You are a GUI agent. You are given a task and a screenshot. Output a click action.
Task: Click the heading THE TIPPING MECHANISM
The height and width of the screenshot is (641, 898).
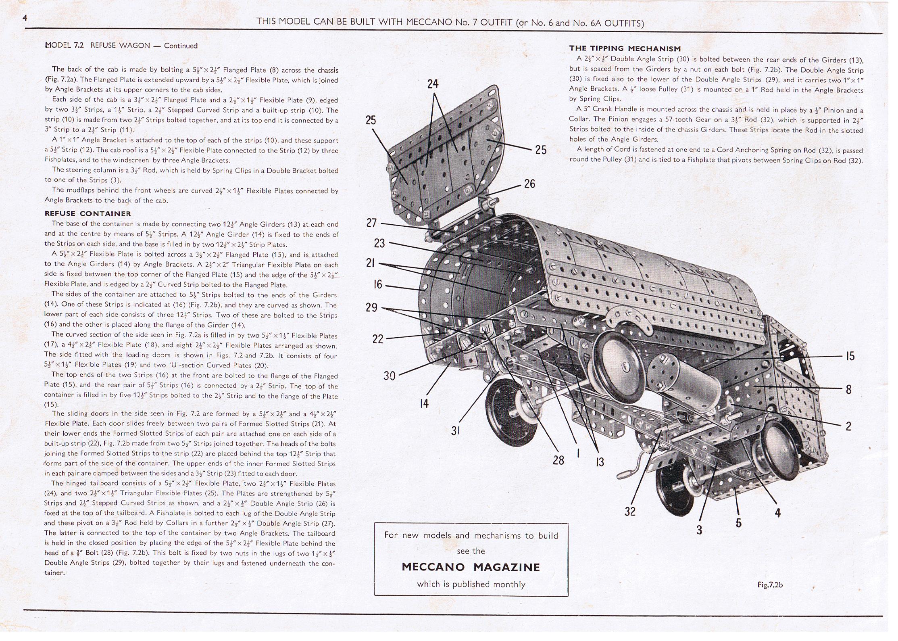coord(625,48)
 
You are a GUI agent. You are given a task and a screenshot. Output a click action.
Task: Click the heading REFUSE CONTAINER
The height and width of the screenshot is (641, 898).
coord(88,213)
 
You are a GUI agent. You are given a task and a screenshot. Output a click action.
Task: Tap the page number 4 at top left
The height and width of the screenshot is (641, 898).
coord(25,18)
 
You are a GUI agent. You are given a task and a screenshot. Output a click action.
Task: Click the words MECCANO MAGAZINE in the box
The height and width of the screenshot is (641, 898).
coord(471,567)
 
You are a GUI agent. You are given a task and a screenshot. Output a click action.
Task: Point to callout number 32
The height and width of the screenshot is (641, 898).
coord(630,512)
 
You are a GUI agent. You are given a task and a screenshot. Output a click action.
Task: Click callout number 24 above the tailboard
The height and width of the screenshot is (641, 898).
coord(433,84)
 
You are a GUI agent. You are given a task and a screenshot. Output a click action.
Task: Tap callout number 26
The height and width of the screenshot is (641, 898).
coord(529,184)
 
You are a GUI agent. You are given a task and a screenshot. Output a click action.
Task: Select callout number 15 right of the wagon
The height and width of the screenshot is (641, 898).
coord(850,356)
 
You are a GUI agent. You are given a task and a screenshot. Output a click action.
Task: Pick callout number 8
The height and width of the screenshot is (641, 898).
coord(849,389)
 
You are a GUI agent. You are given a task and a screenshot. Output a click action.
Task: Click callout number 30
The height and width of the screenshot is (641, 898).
coord(389,376)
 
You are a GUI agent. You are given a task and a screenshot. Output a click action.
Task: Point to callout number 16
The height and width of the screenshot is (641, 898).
coord(378,284)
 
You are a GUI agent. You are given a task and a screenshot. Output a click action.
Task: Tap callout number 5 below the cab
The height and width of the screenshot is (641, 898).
coord(738,523)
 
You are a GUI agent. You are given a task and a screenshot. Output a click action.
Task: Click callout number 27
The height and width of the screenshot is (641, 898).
coord(371,223)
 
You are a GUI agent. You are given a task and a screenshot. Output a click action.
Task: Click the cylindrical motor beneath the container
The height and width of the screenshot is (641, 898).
coord(685,375)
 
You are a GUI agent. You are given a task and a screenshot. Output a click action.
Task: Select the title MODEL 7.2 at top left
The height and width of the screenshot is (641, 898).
coord(65,46)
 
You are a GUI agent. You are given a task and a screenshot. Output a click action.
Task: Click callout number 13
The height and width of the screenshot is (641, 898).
coord(600,462)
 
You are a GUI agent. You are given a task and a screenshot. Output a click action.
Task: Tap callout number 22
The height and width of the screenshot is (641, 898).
coord(378,339)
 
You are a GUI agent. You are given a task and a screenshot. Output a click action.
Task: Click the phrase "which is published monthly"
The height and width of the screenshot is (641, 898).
coord(471,584)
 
